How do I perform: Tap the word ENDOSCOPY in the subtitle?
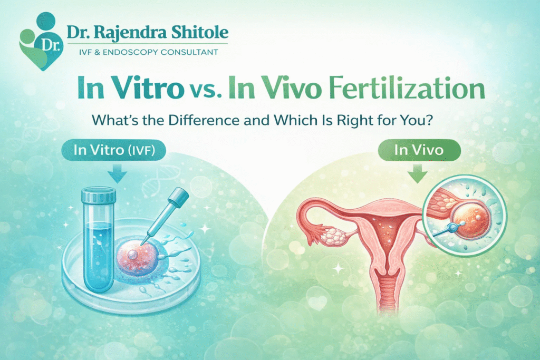click(130, 52)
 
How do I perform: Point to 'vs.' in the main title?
click(205, 91)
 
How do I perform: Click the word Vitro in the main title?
click(148, 89)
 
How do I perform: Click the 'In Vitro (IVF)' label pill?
click(114, 150)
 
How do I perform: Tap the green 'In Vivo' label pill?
click(419, 150)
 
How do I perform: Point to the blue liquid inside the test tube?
click(99, 255)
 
